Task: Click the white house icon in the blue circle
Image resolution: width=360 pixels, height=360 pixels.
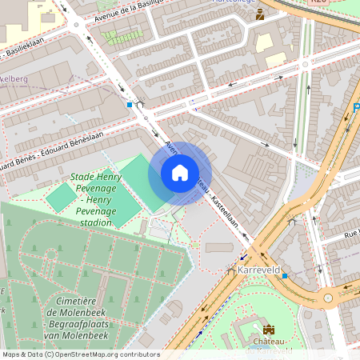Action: (180, 173)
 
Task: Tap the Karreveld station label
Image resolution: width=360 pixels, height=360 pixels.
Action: (258, 270)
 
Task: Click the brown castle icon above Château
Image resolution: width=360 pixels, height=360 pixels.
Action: (268, 329)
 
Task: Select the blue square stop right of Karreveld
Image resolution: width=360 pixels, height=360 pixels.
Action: (285, 274)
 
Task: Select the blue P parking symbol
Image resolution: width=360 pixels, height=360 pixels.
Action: (356, 110)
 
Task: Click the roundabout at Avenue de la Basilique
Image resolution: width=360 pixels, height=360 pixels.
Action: (76, 25)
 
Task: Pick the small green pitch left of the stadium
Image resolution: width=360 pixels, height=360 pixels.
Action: (60, 197)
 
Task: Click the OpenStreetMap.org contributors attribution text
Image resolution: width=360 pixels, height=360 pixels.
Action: (108, 354)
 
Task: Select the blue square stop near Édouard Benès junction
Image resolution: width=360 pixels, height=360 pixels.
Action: (129, 104)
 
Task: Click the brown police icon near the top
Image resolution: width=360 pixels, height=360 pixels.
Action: (259, 14)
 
